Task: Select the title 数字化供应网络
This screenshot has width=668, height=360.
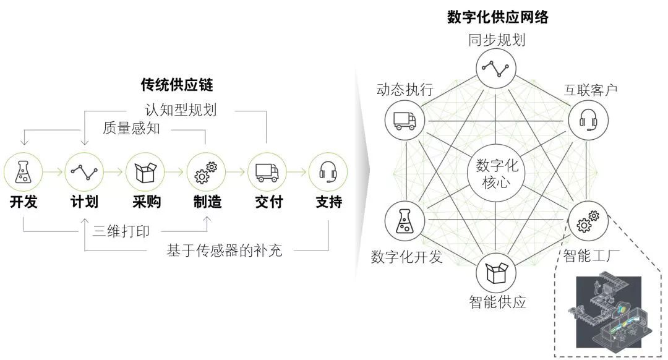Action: click(497, 17)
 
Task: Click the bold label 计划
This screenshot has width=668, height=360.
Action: click(84, 202)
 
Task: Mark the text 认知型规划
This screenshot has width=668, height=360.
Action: click(181, 110)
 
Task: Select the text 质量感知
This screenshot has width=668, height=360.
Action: click(131, 128)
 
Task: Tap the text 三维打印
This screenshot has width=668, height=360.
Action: click(121, 231)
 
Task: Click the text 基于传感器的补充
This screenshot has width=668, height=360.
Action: click(225, 251)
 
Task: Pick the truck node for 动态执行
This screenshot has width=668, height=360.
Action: click(405, 119)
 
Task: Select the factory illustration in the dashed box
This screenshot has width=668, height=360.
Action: click(609, 312)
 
